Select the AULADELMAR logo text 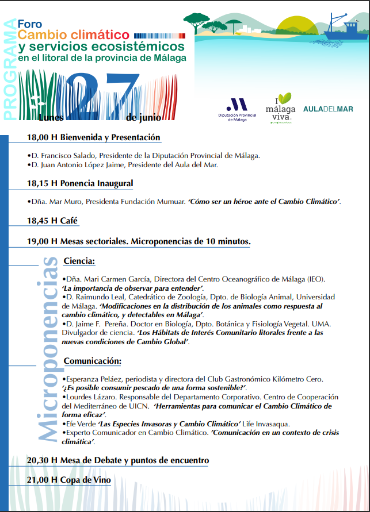tap(328, 109)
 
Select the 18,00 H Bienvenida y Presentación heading tap(93, 138)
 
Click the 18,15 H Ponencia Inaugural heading tap(80, 184)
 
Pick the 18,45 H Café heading tap(52, 221)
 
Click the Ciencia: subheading tap(79, 261)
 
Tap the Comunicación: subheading tap(92, 361)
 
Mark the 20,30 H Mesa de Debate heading tap(117, 460)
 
